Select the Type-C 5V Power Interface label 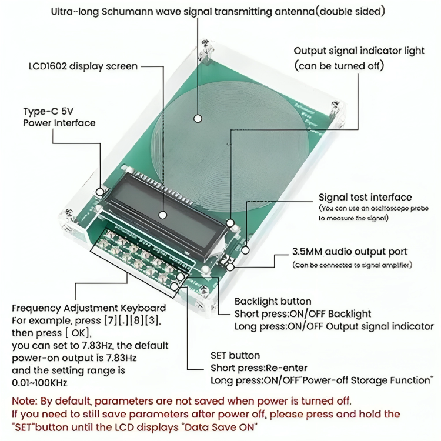[x=59, y=117]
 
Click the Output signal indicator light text [x=359, y=51]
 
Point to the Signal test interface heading [x=365, y=198]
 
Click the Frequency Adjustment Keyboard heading [x=89, y=308]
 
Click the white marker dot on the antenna [x=198, y=118]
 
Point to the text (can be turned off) [x=339, y=66]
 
